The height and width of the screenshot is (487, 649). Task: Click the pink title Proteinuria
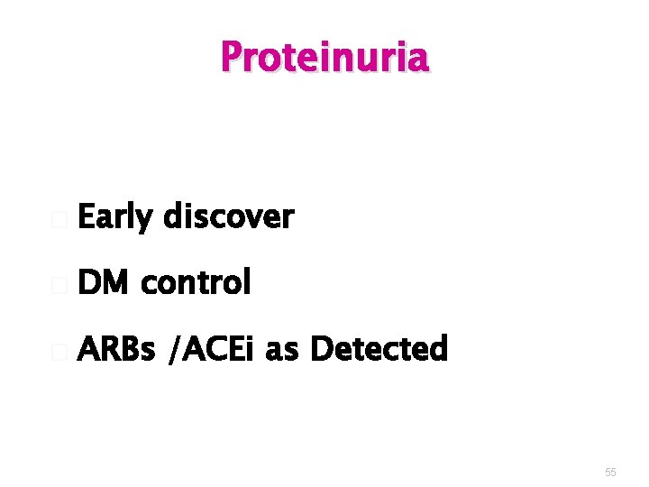tap(324, 58)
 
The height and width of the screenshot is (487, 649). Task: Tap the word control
tap(196, 283)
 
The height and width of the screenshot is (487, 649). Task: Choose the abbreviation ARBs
tap(116, 348)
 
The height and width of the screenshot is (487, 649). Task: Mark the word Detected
tap(379, 348)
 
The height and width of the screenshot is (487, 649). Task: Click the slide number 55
tap(610, 472)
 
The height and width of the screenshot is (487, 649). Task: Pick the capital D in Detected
tap(320, 348)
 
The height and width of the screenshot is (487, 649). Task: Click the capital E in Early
tap(87, 217)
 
